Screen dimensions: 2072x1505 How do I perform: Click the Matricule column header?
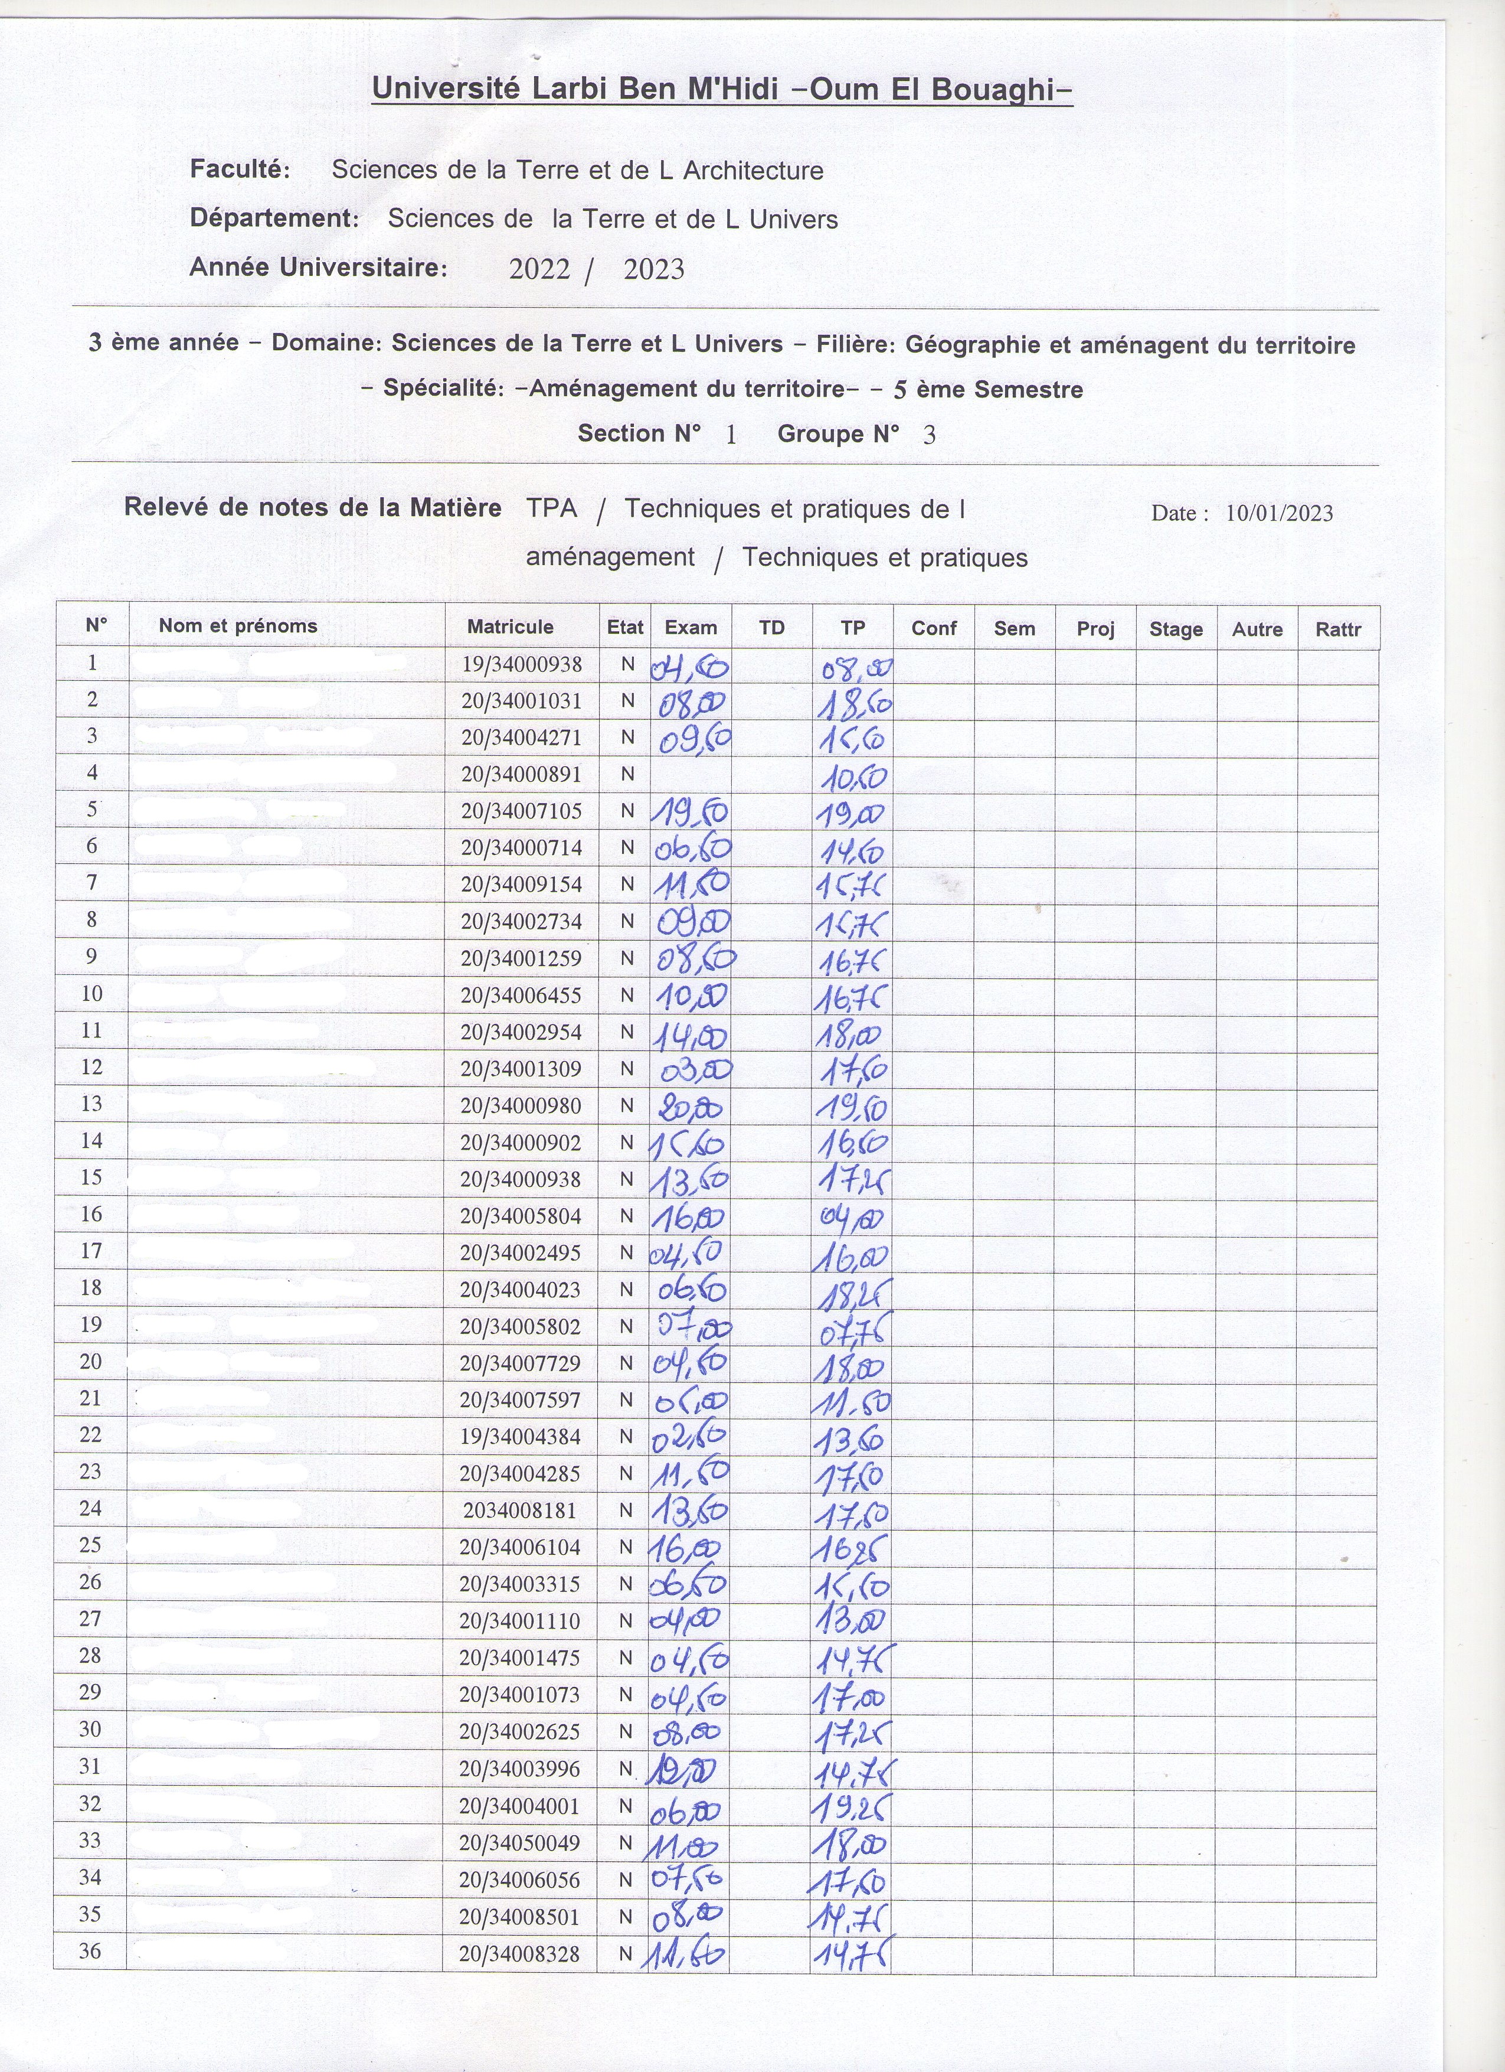pyautogui.click(x=509, y=627)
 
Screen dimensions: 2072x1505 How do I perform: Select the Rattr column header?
pyautogui.click(x=1338, y=628)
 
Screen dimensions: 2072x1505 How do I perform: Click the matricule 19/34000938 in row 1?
pyautogui.click(x=522, y=664)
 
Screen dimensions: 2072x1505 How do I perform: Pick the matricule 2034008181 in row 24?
pyautogui.click(x=519, y=1509)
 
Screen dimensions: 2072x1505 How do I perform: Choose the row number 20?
pyautogui.click(x=90, y=1361)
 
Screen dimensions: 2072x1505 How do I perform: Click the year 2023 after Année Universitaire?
pyautogui.click(x=654, y=269)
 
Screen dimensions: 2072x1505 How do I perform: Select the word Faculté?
pyautogui.click(x=239, y=169)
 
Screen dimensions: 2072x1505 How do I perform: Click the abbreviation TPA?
pyautogui.click(x=552, y=508)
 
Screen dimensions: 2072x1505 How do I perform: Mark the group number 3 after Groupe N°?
pyautogui.click(x=930, y=435)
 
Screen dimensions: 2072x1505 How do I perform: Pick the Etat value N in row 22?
pyautogui.click(x=626, y=1436)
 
